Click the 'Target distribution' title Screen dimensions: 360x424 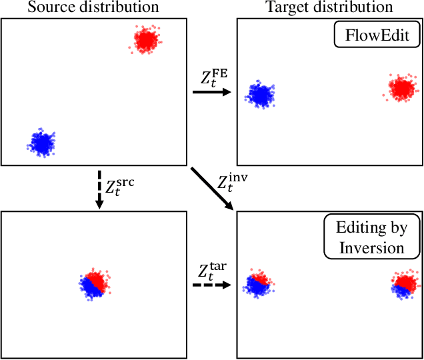(x=330, y=7)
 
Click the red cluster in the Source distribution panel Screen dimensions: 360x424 (x=145, y=41)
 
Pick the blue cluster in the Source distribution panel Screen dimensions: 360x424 (x=42, y=142)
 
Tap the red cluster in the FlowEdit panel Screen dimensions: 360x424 (x=401, y=88)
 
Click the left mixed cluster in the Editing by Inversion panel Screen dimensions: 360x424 (x=256, y=285)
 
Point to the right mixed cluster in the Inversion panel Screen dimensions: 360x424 (x=404, y=285)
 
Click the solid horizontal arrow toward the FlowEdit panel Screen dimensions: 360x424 (x=210, y=92)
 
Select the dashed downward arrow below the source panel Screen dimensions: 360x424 (x=99, y=191)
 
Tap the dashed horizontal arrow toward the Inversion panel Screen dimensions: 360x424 (x=210, y=285)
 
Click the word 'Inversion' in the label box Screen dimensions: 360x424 (x=371, y=247)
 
